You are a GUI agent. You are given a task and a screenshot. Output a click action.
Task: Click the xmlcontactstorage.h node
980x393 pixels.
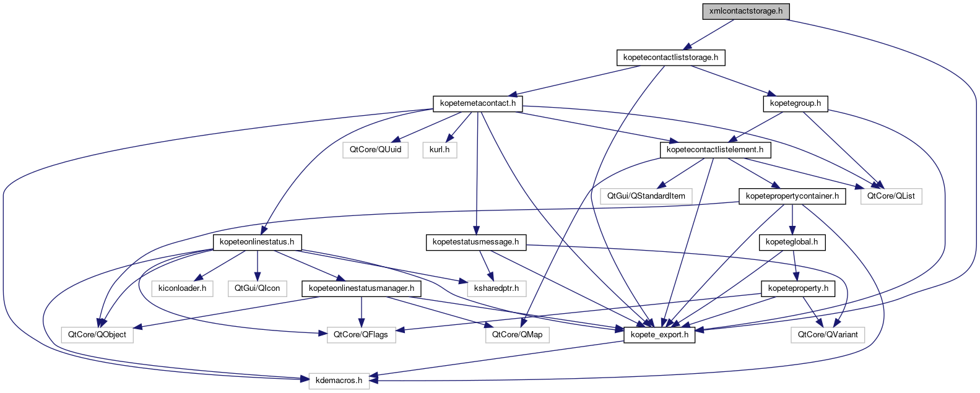(x=746, y=11)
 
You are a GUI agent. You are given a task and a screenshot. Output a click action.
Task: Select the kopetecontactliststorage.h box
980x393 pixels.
(x=670, y=58)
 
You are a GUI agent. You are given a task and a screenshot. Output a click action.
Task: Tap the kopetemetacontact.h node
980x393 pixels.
(x=477, y=103)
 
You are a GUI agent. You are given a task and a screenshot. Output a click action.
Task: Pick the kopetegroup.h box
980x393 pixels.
(x=796, y=103)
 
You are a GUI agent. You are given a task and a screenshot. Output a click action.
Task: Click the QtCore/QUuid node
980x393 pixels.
(x=375, y=150)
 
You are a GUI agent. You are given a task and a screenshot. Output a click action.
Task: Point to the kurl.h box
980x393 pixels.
(x=440, y=150)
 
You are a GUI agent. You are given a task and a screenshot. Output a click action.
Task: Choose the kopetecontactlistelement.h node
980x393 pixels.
(x=714, y=150)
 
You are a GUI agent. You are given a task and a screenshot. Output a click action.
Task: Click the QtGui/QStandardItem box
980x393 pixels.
(x=646, y=196)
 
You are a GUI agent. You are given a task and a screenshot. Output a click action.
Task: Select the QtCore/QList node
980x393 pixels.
(x=890, y=196)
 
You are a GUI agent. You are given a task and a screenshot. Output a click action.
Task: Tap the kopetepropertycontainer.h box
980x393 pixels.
(x=792, y=196)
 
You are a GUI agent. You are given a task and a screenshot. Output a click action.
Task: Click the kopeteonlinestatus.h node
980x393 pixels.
(x=257, y=242)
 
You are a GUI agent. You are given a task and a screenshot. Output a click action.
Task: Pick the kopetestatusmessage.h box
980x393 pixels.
(x=475, y=242)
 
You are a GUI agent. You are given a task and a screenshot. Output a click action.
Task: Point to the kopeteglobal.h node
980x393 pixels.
(x=791, y=242)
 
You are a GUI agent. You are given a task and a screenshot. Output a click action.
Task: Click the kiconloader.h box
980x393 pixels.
(x=182, y=288)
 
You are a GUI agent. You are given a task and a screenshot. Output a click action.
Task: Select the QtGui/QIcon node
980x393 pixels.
(x=257, y=288)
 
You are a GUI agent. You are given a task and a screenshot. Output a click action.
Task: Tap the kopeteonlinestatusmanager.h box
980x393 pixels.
(x=362, y=288)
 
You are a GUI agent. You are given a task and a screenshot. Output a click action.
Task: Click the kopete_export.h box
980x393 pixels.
(x=659, y=335)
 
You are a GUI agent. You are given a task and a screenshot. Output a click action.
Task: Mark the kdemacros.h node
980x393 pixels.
(x=339, y=381)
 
